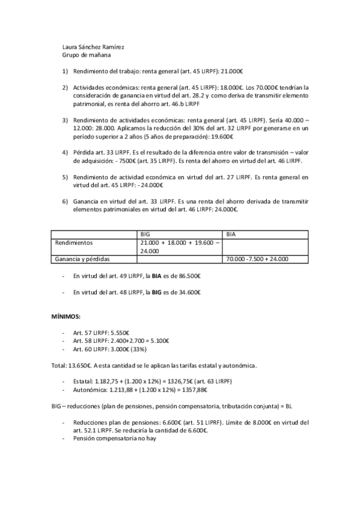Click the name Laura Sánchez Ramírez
93,47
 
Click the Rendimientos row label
74,242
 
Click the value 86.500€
189,277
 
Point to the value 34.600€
189,292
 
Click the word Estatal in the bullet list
82,381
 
